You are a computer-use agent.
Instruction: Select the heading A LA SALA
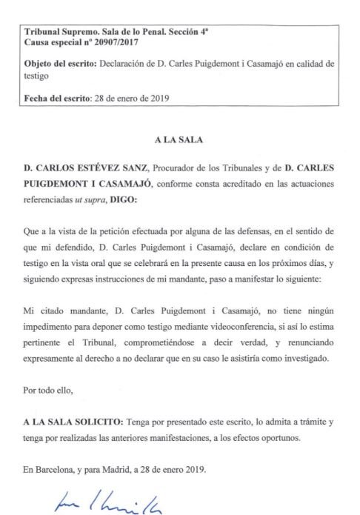click(179, 139)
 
